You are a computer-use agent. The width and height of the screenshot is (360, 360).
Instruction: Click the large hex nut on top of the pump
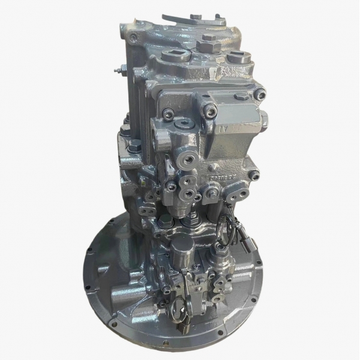tap(209, 38)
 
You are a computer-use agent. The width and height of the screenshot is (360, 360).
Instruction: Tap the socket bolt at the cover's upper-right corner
tap(259, 94)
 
